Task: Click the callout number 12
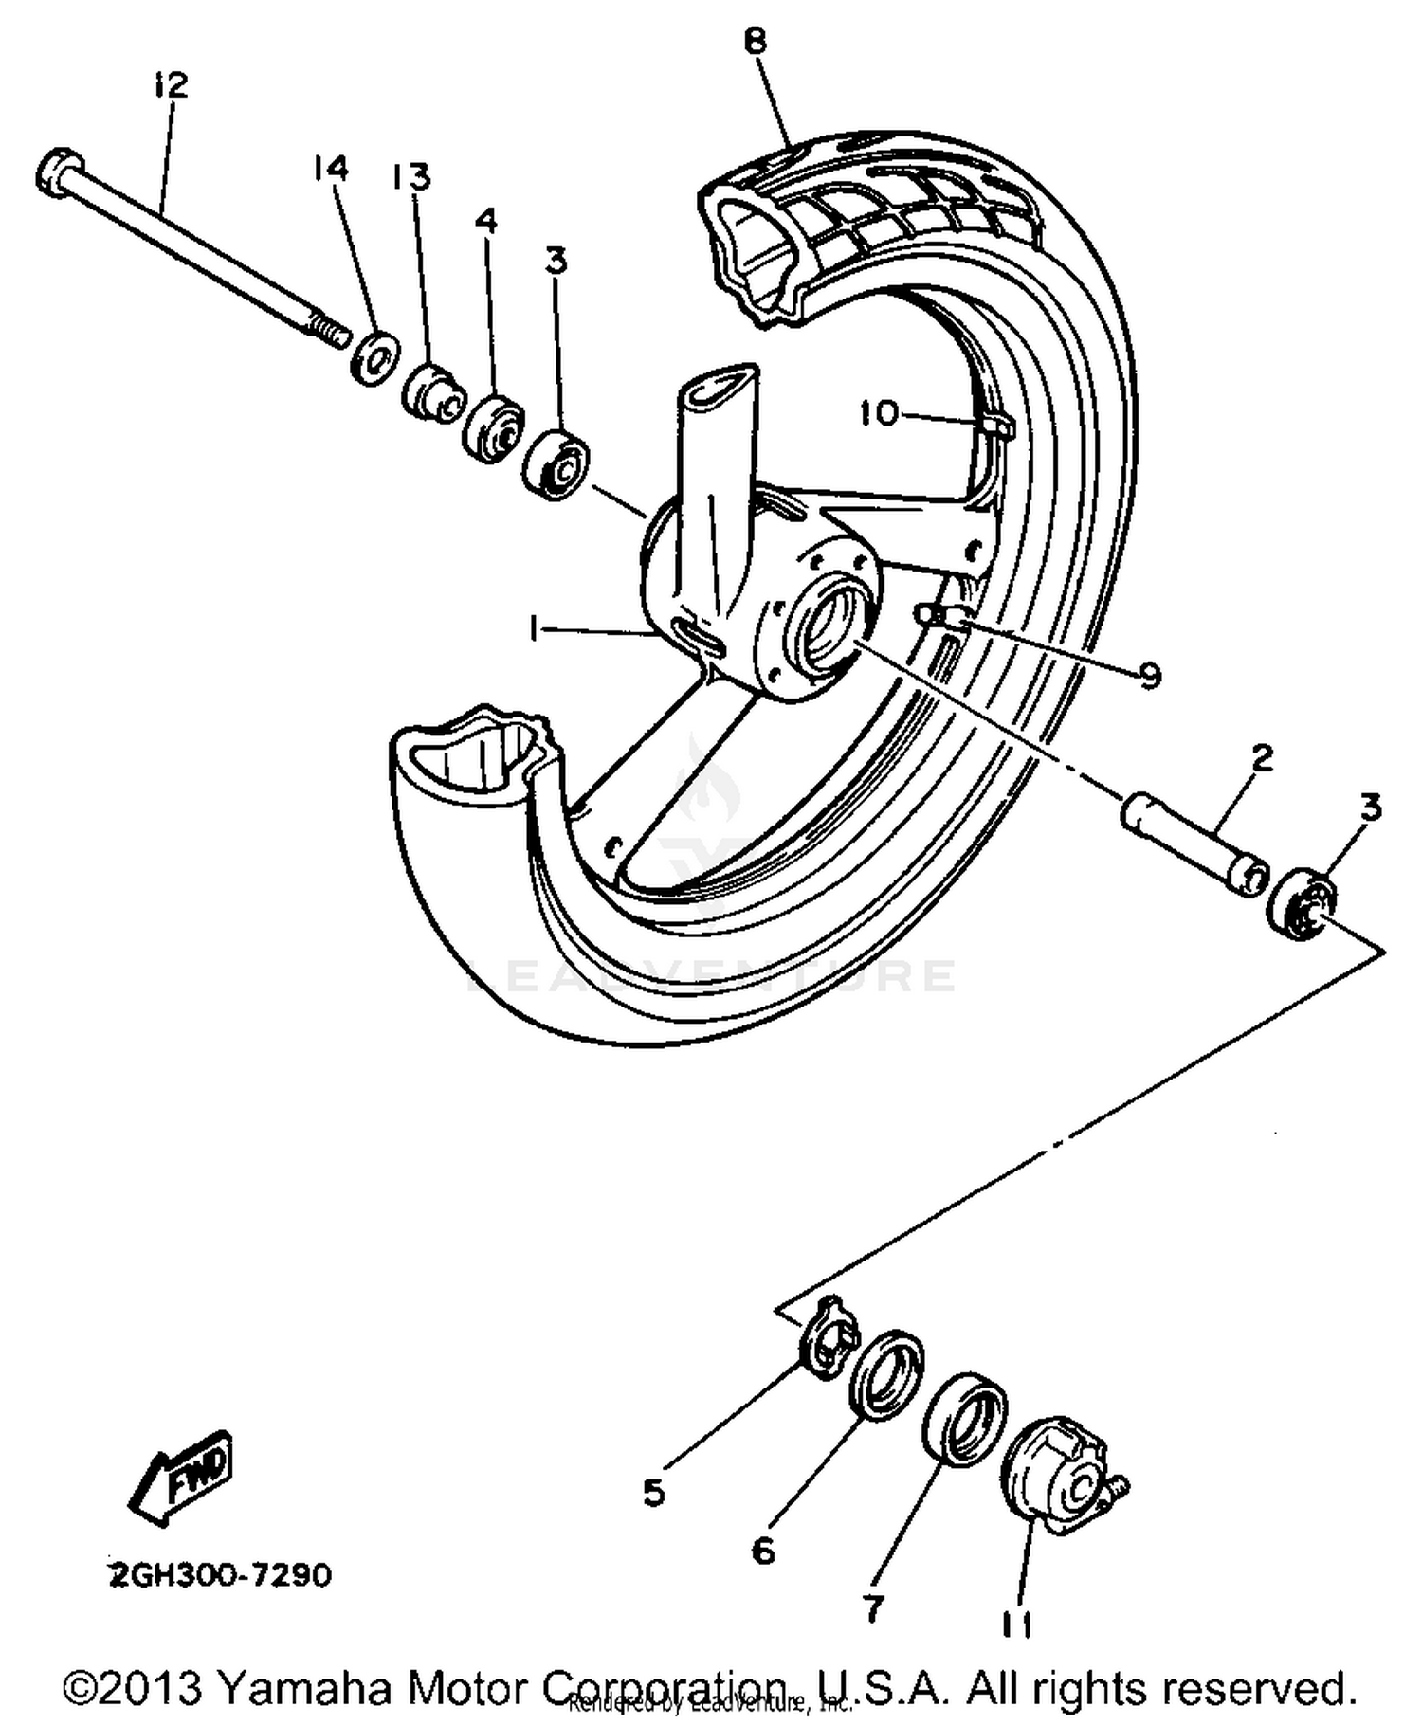(171, 85)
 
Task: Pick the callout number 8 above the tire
(755, 43)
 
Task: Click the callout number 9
(1149, 675)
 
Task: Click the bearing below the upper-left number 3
(556, 464)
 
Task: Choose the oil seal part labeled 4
(493, 428)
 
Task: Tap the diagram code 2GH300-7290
(220, 1575)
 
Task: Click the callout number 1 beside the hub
(535, 628)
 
